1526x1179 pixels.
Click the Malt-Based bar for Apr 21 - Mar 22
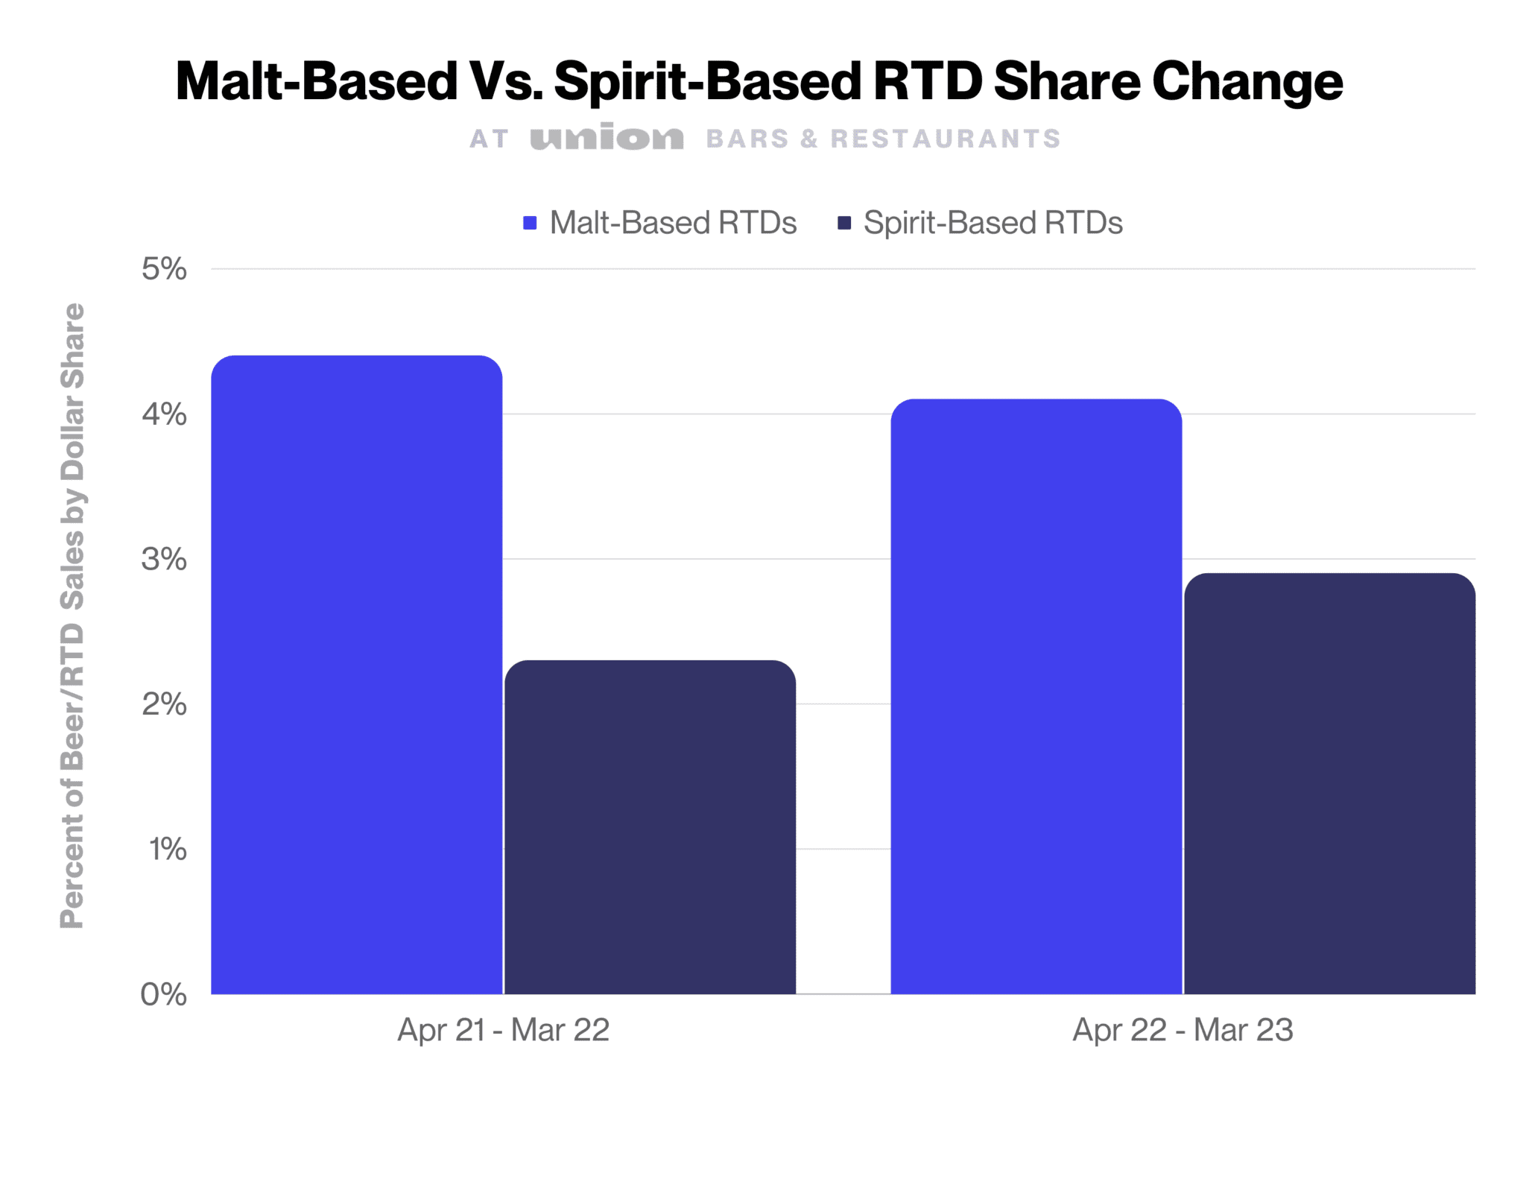[356, 674]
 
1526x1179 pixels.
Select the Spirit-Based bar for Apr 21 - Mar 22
[650, 826]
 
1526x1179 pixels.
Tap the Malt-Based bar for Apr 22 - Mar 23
[1036, 696]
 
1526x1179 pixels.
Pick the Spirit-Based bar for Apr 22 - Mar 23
[1329, 783]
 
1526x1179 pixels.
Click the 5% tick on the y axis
[164, 269]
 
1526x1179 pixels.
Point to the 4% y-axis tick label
[164, 414]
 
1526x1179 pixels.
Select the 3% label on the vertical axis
[164, 559]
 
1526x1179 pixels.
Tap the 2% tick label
[164, 704]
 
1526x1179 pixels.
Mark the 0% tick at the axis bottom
[164, 994]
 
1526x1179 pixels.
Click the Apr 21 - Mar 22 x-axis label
[504, 1030]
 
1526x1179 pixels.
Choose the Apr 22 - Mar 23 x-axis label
[1183, 1030]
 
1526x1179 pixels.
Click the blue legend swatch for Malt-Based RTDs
[530, 223]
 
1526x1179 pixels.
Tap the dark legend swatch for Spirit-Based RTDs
[844, 223]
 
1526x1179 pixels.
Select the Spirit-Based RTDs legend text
[992, 223]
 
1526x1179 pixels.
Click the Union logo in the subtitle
[607, 138]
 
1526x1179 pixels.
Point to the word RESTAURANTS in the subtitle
[945, 139]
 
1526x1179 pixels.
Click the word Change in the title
[1247, 82]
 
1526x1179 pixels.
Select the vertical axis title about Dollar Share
[72, 616]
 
